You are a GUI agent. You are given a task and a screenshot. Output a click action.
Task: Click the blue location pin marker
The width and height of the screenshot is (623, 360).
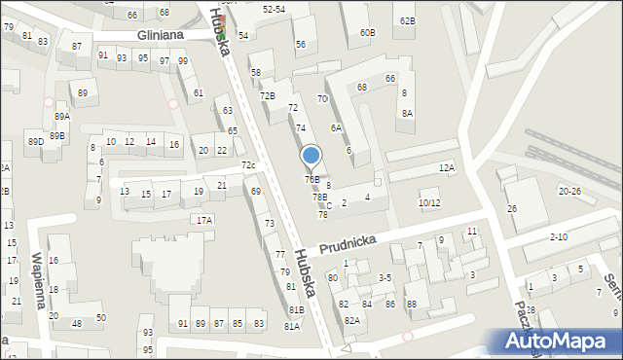(x=311, y=157)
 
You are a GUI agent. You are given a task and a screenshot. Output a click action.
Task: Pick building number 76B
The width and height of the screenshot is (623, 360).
(x=311, y=179)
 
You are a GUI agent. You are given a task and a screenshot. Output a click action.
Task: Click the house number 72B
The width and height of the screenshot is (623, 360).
(x=267, y=95)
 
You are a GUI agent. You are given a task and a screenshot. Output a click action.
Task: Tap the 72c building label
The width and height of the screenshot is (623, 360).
(x=248, y=165)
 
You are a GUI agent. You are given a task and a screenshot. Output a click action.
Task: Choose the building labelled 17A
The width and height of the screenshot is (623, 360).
(x=203, y=221)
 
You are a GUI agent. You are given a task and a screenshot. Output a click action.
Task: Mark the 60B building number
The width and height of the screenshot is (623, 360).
(x=367, y=32)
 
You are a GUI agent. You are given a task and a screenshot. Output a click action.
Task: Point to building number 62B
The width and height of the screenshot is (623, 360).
(x=407, y=20)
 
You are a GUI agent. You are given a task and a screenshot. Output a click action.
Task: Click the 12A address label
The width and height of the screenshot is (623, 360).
(x=446, y=168)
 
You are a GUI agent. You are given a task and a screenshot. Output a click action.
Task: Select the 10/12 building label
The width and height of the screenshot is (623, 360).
(x=428, y=203)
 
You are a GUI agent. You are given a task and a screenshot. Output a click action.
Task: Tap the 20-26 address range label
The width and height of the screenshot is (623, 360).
(x=570, y=191)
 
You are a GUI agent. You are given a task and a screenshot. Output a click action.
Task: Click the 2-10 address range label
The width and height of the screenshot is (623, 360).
(x=559, y=236)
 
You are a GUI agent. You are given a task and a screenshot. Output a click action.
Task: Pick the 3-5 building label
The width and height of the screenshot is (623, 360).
(x=385, y=278)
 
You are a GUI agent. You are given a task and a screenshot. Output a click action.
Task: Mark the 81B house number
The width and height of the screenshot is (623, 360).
(x=295, y=309)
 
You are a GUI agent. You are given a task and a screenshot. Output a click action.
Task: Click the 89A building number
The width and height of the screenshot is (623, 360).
(x=61, y=117)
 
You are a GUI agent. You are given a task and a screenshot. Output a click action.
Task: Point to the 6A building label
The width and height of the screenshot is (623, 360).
(x=336, y=127)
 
